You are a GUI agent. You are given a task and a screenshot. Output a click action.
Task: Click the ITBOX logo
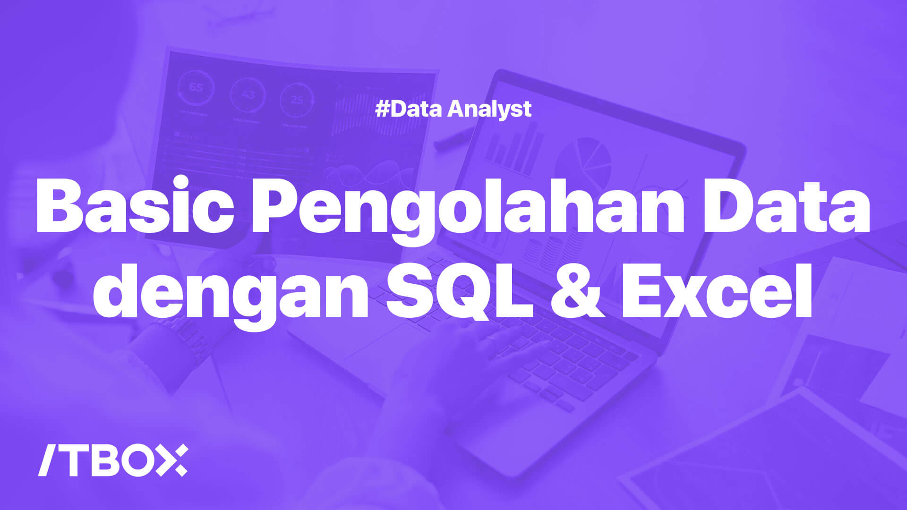click(x=113, y=460)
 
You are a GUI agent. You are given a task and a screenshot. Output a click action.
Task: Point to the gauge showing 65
click(x=196, y=88)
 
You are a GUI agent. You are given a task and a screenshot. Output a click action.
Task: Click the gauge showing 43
click(x=248, y=94)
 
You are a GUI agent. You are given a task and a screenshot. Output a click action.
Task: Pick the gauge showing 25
click(x=297, y=100)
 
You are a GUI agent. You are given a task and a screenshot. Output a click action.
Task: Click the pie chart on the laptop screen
click(x=583, y=158)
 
